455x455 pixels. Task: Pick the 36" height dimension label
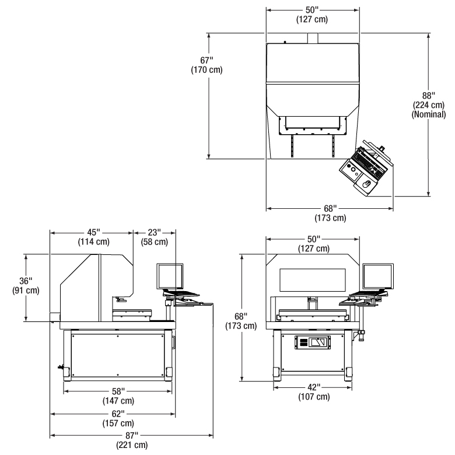click(26, 281)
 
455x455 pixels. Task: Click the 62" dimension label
click(117, 413)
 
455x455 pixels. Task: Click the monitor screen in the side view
click(170, 276)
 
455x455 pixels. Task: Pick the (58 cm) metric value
click(155, 242)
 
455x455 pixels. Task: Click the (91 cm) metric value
click(26, 291)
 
